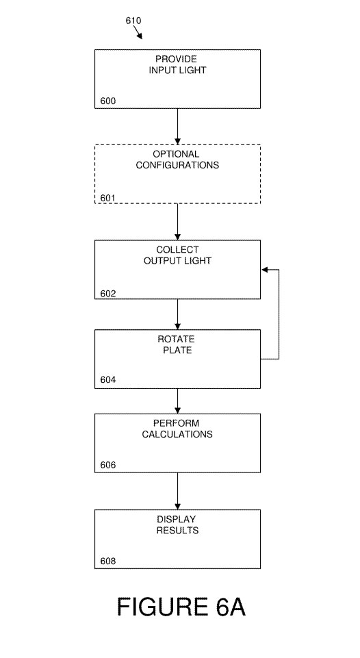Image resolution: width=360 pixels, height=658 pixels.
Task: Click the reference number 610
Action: pyautogui.click(x=133, y=21)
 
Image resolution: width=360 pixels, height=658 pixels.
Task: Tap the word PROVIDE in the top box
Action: pyautogui.click(x=176, y=59)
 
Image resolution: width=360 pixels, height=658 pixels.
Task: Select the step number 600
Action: pyautogui.click(x=108, y=101)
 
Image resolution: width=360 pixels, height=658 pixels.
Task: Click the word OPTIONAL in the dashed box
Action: pyautogui.click(x=176, y=154)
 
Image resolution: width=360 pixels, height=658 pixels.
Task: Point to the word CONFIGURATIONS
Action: pyautogui.click(x=177, y=165)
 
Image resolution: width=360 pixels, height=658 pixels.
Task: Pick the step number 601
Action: pyautogui.click(x=108, y=198)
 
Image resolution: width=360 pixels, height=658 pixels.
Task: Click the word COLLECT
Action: pyautogui.click(x=177, y=250)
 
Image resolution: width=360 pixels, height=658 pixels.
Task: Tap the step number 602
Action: pyautogui.click(x=108, y=294)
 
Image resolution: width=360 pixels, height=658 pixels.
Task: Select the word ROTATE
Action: pyautogui.click(x=176, y=339)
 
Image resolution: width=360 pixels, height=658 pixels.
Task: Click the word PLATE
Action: pyautogui.click(x=177, y=350)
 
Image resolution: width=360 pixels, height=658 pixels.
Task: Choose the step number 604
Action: pyautogui.click(x=108, y=380)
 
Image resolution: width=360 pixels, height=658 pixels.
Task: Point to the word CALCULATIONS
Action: pyautogui.click(x=177, y=434)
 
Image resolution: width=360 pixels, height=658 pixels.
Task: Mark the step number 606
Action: pyautogui.click(x=108, y=465)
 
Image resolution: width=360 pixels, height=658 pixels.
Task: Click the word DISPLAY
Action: pyautogui.click(x=176, y=520)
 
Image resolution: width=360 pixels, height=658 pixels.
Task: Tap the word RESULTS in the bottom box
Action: pyautogui.click(x=177, y=531)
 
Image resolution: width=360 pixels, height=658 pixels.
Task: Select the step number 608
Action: pyautogui.click(x=108, y=561)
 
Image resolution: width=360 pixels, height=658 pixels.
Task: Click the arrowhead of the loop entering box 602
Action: pyautogui.click(x=264, y=269)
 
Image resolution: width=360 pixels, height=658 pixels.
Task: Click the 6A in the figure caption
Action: pyautogui.click(x=231, y=607)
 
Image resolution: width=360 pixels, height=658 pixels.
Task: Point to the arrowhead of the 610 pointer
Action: pyautogui.click(x=140, y=36)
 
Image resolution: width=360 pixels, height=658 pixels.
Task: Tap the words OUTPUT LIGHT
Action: pyautogui.click(x=177, y=261)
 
